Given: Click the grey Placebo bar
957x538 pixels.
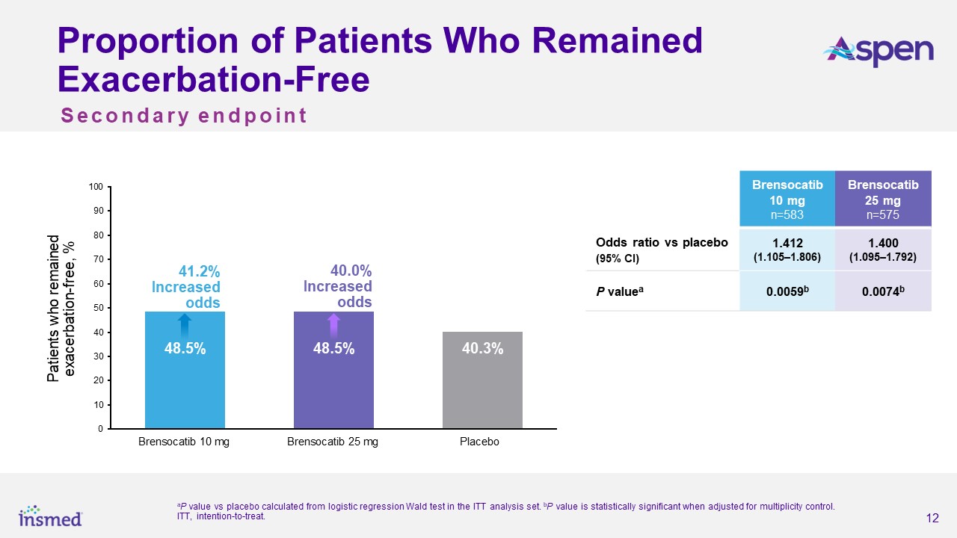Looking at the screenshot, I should (482, 380).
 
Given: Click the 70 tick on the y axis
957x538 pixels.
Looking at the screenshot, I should (98, 259).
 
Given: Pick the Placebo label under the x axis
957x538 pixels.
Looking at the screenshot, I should (479, 442).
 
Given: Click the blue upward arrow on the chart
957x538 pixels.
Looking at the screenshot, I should (185, 327).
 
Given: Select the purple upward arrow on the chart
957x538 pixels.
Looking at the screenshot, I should (334, 326).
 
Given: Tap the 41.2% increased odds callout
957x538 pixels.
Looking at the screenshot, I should (187, 286).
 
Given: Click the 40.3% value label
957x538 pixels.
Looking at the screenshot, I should (482, 348).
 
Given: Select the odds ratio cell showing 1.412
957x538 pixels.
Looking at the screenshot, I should (787, 250).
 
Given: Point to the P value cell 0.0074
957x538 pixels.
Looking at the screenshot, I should (883, 291).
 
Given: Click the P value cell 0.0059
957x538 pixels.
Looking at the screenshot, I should (787, 291).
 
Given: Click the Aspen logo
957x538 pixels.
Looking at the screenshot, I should (878, 51).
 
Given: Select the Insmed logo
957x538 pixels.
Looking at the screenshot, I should (50, 515).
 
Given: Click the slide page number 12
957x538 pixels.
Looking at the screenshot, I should (932, 519).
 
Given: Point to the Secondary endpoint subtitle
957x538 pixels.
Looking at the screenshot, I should (184, 116).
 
